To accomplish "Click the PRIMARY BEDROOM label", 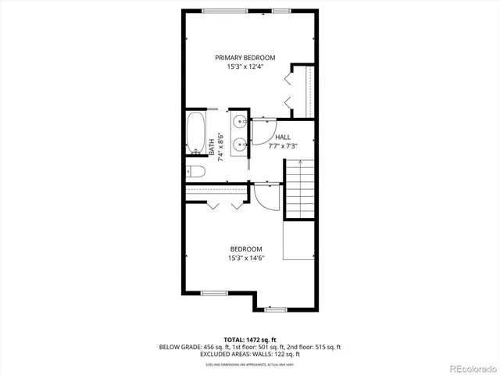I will point(246,57).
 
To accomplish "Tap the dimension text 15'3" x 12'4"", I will point(246,66).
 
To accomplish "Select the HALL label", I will point(282,137).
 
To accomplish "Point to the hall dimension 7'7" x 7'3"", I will point(282,145).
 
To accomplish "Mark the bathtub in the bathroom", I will point(195,134).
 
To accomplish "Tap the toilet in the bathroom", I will point(195,171).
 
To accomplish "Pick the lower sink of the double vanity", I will point(240,144).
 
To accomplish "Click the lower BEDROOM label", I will point(246,249).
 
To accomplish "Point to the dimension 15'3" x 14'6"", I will point(246,259).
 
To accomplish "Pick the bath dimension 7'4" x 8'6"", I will point(222,146).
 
